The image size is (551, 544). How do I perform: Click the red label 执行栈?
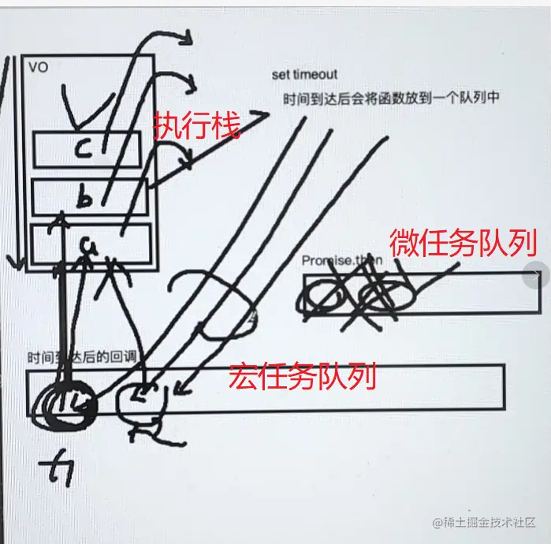coord(196,125)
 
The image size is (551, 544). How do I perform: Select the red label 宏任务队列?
coord(303,378)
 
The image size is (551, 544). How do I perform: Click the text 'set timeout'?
coord(304,74)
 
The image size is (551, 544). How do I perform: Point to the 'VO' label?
coord(37,68)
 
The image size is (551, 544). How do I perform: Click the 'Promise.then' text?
coord(340,261)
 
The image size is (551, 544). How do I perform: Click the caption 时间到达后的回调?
coord(81,356)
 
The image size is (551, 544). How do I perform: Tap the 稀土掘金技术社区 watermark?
coord(485,523)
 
